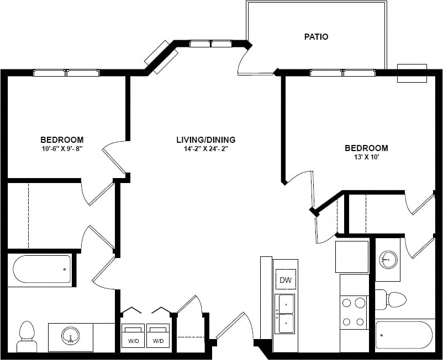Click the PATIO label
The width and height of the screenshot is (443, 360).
(x=316, y=37)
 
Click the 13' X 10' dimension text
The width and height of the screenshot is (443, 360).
(x=366, y=157)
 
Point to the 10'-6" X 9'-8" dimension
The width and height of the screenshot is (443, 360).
(x=62, y=149)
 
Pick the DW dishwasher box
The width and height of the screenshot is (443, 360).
(x=286, y=280)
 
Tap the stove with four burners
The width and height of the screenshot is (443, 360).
(x=354, y=312)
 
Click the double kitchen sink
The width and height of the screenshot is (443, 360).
(x=285, y=313)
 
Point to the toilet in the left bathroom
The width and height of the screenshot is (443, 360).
(x=27, y=336)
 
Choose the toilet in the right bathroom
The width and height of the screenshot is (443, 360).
(x=392, y=299)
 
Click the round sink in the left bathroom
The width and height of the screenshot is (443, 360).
(x=70, y=335)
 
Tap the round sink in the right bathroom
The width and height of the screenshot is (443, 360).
(x=388, y=258)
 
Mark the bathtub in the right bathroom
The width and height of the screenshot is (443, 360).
(x=404, y=335)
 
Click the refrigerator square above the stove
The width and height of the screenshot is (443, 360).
(x=352, y=257)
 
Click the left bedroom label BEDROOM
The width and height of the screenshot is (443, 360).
(x=62, y=139)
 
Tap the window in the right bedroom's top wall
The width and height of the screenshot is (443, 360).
(x=342, y=73)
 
